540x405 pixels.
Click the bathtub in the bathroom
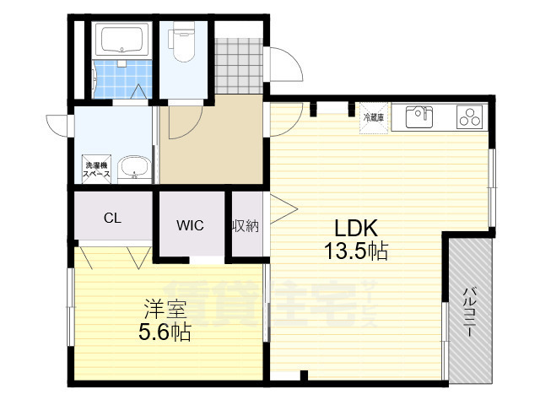click(x=121, y=40)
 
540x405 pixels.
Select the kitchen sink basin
click(x=418, y=116)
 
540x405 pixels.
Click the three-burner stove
click(x=469, y=116)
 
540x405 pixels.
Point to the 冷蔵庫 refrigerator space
click(x=374, y=118)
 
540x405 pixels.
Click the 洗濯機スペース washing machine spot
click(x=96, y=170)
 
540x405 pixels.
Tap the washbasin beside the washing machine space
click(x=134, y=170)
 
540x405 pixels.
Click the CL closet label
click(x=112, y=218)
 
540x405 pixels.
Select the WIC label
click(x=190, y=225)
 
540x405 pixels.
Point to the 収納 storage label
click(x=246, y=226)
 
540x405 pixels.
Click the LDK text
click(x=356, y=228)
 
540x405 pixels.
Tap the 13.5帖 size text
click(x=356, y=251)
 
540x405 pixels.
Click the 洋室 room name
click(x=165, y=310)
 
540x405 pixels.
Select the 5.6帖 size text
click(x=165, y=332)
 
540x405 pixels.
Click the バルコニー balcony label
click(x=469, y=311)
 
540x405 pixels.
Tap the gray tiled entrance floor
click(x=239, y=66)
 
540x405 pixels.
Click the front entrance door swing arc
click(x=292, y=58)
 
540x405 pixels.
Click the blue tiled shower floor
click(x=123, y=79)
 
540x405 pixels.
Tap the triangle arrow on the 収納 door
click(x=283, y=209)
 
